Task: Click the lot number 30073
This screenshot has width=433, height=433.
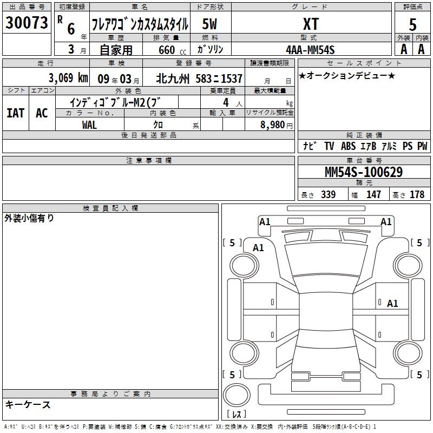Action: [x=27, y=23]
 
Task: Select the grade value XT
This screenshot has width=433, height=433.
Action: [x=311, y=24]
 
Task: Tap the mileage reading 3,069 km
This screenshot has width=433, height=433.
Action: [x=68, y=78]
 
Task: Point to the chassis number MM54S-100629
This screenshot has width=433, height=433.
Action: [x=364, y=172]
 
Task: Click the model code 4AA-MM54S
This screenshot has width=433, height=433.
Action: [x=310, y=50]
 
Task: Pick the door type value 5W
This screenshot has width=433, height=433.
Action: [x=209, y=24]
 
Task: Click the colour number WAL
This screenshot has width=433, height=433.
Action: [x=89, y=125]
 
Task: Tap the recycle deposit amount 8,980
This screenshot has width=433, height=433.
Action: [x=273, y=125]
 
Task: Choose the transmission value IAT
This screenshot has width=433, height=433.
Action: [x=16, y=113]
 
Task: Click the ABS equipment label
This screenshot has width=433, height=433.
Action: [x=348, y=146]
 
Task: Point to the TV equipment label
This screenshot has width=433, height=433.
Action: [x=329, y=146]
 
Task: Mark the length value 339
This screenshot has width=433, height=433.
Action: [x=329, y=195]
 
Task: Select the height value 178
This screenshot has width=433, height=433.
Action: [x=417, y=195]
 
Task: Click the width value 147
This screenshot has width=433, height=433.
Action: [x=373, y=195]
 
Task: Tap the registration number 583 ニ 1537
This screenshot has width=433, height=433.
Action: [x=219, y=78]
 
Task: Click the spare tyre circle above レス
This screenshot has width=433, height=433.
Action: [x=237, y=395]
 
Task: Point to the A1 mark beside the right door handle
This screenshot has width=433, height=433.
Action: [x=392, y=304]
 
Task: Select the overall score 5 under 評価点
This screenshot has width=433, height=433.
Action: [x=412, y=25]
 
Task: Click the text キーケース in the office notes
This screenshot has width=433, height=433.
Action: [x=28, y=405]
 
